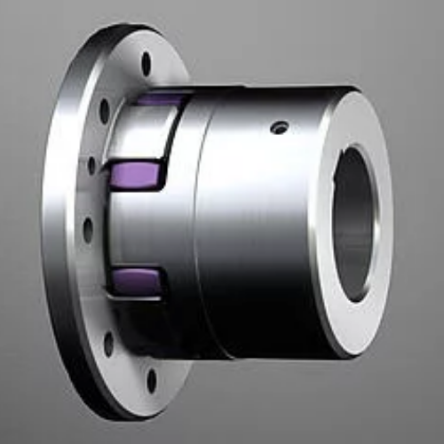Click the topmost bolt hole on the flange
tap(147, 64)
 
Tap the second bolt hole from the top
tap(105, 111)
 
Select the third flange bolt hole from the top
tap(91, 166)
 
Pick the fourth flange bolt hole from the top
tap(88, 230)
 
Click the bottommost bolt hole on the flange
tap(151, 380)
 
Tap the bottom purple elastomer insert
tap(136, 281)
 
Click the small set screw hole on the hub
tap(279, 128)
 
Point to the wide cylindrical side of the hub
tap(258, 231)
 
